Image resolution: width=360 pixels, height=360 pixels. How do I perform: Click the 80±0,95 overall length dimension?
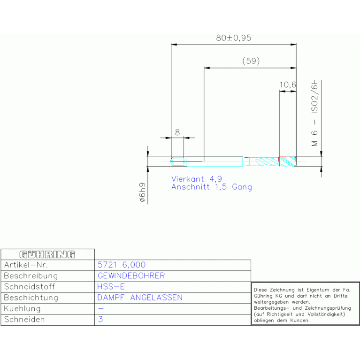tap(234, 38)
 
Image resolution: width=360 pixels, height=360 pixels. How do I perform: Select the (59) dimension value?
tap(251, 61)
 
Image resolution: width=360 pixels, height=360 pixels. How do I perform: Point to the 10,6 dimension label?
tap(288, 85)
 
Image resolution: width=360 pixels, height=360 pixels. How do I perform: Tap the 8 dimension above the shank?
tap(177, 132)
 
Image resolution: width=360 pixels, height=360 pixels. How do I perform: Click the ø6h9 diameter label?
tap(143, 193)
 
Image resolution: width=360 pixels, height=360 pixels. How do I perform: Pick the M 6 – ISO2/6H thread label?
tap(314, 113)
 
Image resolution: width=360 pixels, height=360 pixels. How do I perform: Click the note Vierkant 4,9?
tap(196, 179)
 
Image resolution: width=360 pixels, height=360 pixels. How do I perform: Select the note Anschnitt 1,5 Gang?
tap(211, 187)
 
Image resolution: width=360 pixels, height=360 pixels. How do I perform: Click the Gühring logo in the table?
tap(47, 254)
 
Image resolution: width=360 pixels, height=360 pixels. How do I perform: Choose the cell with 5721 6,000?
tap(121, 265)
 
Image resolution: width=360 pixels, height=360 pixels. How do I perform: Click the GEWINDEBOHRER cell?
tap(131, 276)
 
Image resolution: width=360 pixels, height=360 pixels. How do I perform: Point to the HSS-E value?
tap(111, 287)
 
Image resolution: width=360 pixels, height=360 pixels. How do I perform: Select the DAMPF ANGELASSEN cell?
tap(140, 298)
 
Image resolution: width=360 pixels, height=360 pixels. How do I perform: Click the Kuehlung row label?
tap(22, 309)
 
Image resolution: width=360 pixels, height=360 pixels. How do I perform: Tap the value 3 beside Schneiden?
tap(100, 320)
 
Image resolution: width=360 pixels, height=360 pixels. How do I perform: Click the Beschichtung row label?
tap(31, 298)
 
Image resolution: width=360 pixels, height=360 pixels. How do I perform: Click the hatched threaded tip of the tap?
tap(288, 161)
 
